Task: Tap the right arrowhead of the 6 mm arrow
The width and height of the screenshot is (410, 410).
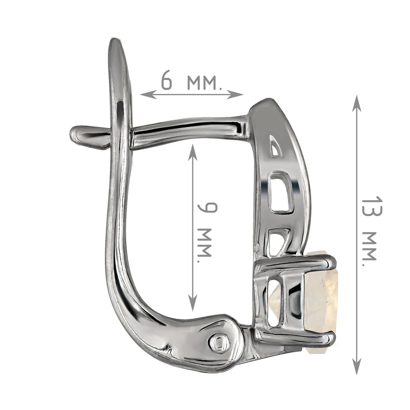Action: (x=235, y=94)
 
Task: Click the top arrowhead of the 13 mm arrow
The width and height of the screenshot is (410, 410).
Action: (x=357, y=104)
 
